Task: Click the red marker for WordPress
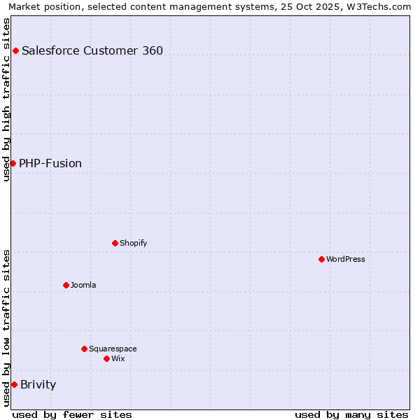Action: coord(321,259)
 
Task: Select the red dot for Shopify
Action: coord(115,243)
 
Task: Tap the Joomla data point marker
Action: coord(66,285)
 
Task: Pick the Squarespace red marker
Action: coord(84,349)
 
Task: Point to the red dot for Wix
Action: coord(106,358)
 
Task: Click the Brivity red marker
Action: coord(14,384)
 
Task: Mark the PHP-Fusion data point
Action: coord(13,163)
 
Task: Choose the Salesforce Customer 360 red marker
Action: coord(15,50)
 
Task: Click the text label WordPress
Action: coord(346,259)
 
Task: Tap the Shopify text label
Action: coord(133,243)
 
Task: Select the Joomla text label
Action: coord(83,285)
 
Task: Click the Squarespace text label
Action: coord(113,349)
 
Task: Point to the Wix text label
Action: coord(118,358)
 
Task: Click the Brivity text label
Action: coord(38,384)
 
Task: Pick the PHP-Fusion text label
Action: coord(50,163)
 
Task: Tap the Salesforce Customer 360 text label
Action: coord(92,50)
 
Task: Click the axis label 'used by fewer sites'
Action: coord(72,414)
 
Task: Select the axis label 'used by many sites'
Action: coord(351,414)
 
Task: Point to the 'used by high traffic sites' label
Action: coord(7,99)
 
